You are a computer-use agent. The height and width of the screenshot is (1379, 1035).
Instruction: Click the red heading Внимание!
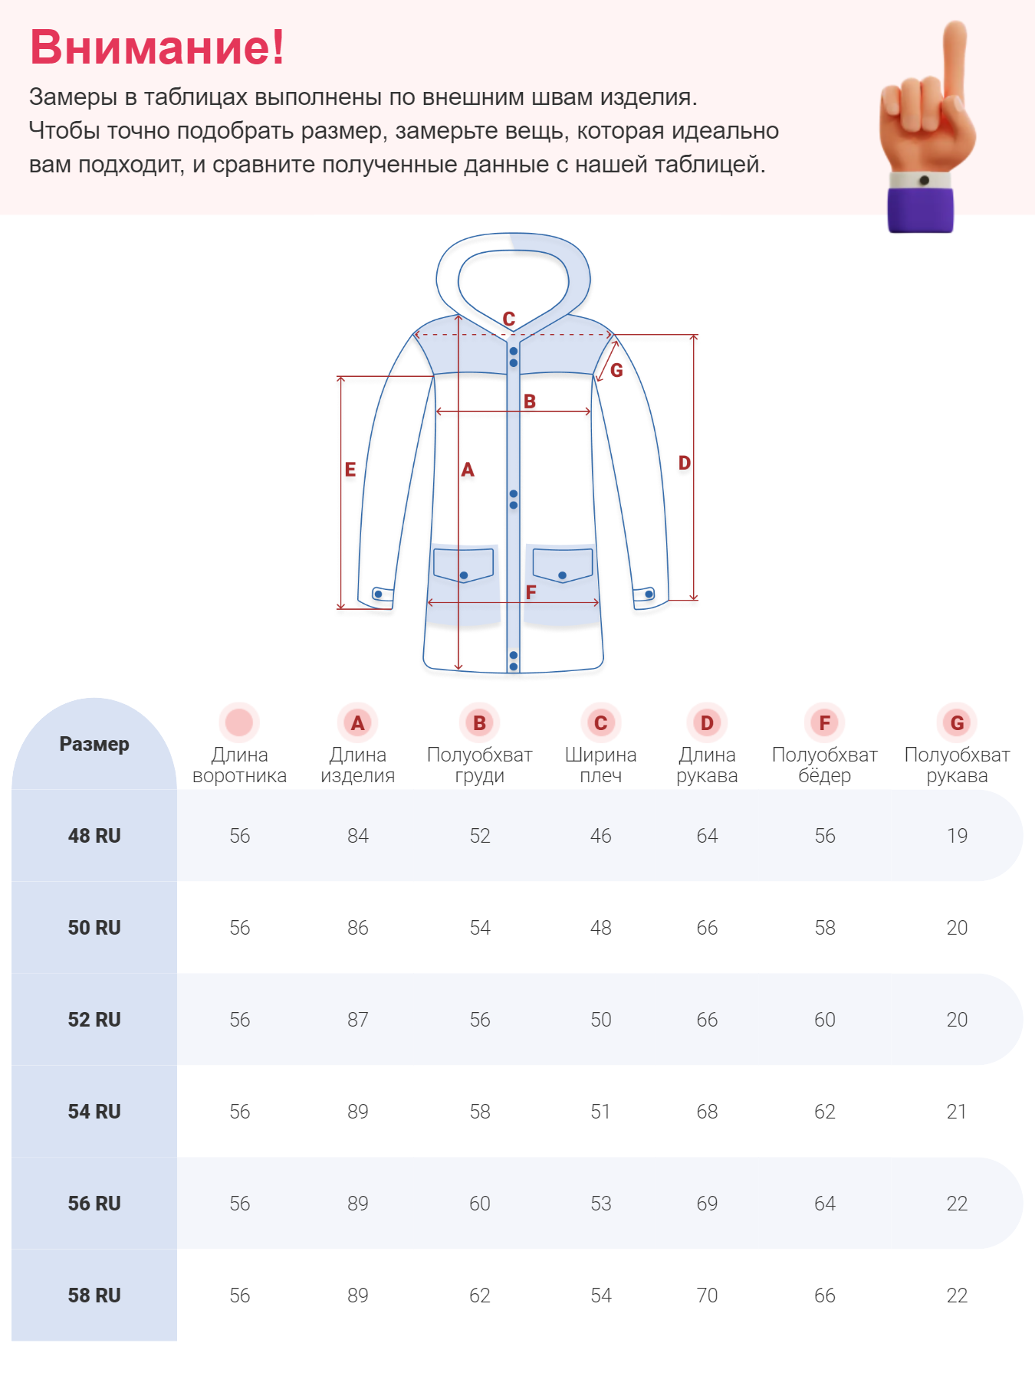pos(157,47)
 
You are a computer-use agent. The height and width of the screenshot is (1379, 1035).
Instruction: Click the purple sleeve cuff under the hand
pos(920,209)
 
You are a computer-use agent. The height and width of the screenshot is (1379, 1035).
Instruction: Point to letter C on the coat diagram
pos(509,319)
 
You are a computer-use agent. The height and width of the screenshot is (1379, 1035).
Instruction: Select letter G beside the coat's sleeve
pos(616,371)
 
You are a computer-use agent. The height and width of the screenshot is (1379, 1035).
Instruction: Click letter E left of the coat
pos(350,470)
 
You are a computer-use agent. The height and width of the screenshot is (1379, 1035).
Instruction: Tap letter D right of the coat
pos(685,463)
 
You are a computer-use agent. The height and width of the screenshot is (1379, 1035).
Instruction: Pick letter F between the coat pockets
pos(531,591)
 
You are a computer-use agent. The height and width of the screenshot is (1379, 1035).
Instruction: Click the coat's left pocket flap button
pos(464,575)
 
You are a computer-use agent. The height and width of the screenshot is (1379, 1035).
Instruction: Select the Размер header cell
pos(94,744)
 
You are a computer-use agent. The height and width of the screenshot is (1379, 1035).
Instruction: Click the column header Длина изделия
pos(357,765)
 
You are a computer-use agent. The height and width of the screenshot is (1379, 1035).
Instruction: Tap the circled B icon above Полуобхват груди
pos(479,722)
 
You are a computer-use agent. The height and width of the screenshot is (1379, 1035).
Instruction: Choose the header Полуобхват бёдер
pos(824,765)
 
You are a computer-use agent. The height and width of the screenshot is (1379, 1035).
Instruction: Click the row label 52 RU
pos(94,1020)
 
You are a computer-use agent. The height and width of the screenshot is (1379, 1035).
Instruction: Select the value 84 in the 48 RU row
pos(357,836)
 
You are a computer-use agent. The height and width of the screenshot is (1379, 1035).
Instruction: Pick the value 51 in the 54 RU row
pos(600,1112)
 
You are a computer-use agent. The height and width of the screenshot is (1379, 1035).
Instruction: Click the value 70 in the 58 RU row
pos(707,1295)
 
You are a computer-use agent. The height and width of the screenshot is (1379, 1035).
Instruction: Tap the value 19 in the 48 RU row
pos(957,836)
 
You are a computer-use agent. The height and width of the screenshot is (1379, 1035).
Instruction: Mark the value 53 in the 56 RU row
pos(600,1204)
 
